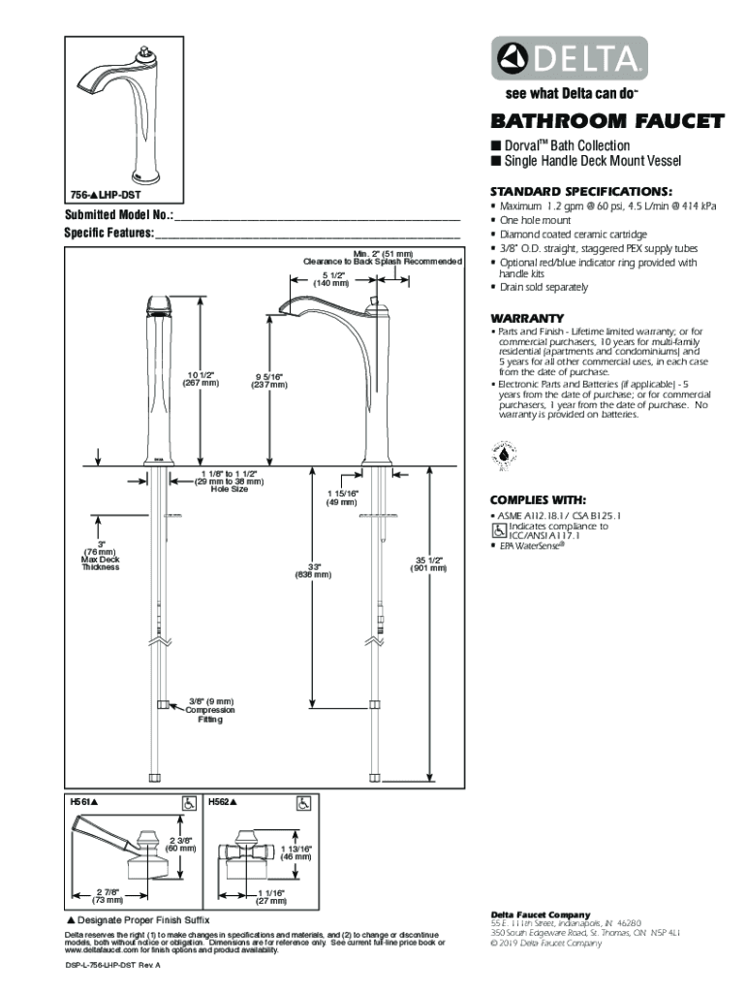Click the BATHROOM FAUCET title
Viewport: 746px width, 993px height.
[607, 122]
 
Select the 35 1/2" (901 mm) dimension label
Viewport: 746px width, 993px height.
[430, 563]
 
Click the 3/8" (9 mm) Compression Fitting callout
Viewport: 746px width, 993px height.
[210, 711]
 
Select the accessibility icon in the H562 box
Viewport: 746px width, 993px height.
[303, 803]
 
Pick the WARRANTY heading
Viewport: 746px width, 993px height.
[527, 318]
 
